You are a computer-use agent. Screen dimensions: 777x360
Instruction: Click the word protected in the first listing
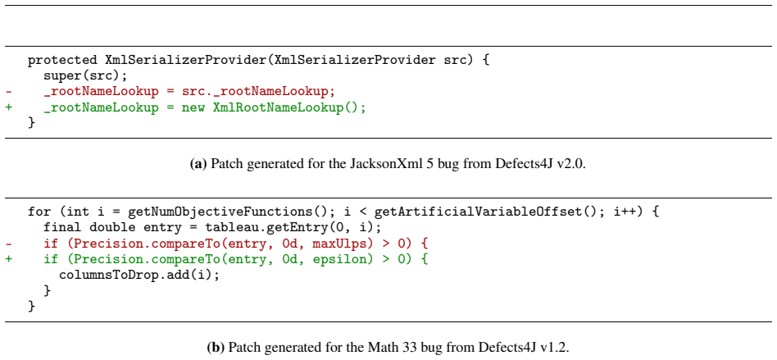62,61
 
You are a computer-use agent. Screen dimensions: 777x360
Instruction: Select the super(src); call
86,76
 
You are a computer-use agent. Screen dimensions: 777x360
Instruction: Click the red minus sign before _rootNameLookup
9,92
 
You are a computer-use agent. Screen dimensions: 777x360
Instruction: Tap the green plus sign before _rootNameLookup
9,107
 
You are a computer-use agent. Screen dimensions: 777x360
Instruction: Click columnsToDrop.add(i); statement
139,275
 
